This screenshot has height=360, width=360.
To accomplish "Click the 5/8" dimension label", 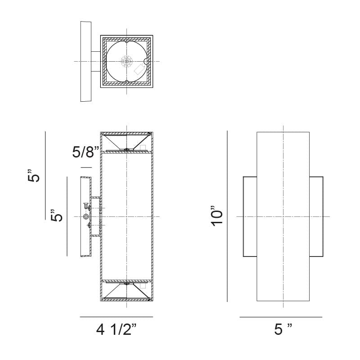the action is coord(85,152).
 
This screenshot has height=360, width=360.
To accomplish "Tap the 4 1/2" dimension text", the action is coord(117,330).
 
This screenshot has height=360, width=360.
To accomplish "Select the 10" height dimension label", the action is coord(217,216).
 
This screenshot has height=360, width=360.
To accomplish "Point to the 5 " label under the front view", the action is coord(283,329).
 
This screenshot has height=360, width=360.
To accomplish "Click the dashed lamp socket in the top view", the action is coord(127,62).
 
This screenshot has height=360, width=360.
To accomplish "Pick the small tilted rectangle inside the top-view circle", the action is coord(139,69).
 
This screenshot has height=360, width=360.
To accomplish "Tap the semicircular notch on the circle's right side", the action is coord(145,62).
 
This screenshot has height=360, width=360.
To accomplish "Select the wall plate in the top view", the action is coord(86,62).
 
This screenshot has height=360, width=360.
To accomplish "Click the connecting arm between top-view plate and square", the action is coord(96,62).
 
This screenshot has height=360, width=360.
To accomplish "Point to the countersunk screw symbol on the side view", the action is coord(85,206).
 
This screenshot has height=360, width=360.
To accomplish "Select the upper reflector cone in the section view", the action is coord(126,142).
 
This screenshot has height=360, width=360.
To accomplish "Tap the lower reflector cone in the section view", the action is coord(126,291).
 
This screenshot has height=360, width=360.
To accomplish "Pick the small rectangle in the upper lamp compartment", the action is coord(143,148).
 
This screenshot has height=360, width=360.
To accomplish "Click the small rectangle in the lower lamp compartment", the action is coord(143,285).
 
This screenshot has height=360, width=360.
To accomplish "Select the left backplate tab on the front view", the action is coord(250,216).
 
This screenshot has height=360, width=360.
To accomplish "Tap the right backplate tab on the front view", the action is coord(316,216).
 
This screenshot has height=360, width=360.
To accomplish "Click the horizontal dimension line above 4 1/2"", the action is coord(117,317).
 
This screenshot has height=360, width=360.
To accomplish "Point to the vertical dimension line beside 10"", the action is coord(227,216).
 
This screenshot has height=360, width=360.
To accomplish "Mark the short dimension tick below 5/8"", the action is coord(86,167).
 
